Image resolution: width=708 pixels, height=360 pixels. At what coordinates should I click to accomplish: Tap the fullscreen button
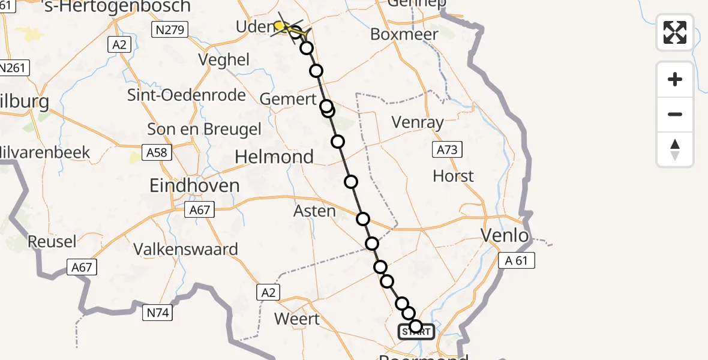click(x=675, y=32)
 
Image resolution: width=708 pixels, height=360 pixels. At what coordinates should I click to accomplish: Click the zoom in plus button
click(x=675, y=79)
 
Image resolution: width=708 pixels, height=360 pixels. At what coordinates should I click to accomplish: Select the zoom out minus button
click(x=675, y=114)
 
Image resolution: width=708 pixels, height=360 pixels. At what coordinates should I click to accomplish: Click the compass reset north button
click(x=675, y=149)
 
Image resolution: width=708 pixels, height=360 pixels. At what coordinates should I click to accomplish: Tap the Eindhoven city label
click(x=196, y=185)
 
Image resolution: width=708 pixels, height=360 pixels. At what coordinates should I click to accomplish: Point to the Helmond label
click(x=274, y=157)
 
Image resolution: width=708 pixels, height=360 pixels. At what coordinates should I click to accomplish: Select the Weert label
click(x=297, y=319)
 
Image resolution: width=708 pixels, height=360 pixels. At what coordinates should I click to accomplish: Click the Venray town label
click(x=418, y=122)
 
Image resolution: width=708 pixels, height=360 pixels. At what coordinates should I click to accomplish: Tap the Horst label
click(x=453, y=176)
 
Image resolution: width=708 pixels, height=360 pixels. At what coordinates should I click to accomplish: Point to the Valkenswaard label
click(x=185, y=249)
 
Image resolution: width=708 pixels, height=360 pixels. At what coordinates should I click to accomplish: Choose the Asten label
click(x=314, y=211)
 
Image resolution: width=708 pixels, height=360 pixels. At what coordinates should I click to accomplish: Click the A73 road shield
click(x=447, y=150)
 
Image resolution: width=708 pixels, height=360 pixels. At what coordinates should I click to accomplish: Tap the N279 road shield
click(x=170, y=29)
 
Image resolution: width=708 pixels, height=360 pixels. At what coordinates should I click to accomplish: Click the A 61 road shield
click(x=516, y=260)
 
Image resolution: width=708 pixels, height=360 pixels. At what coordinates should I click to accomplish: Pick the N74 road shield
click(x=157, y=312)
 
